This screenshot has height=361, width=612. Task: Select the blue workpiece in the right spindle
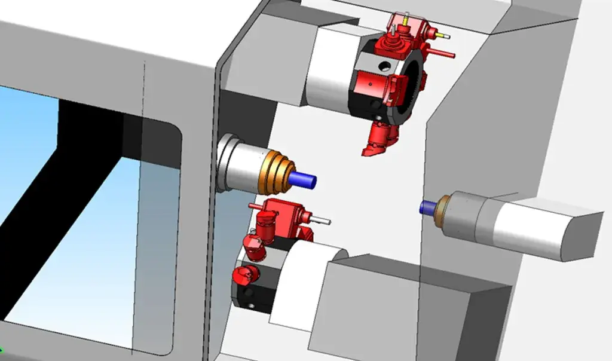coord(427,207)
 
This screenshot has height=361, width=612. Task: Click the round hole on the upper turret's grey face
coord(383,64)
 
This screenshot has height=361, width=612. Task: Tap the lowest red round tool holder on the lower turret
coord(246,276)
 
